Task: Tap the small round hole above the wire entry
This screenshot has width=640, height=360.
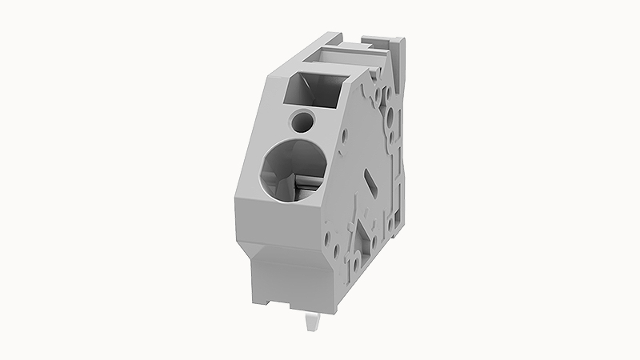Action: (x=304, y=122)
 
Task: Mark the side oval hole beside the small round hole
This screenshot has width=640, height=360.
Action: (x=346, y=134)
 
